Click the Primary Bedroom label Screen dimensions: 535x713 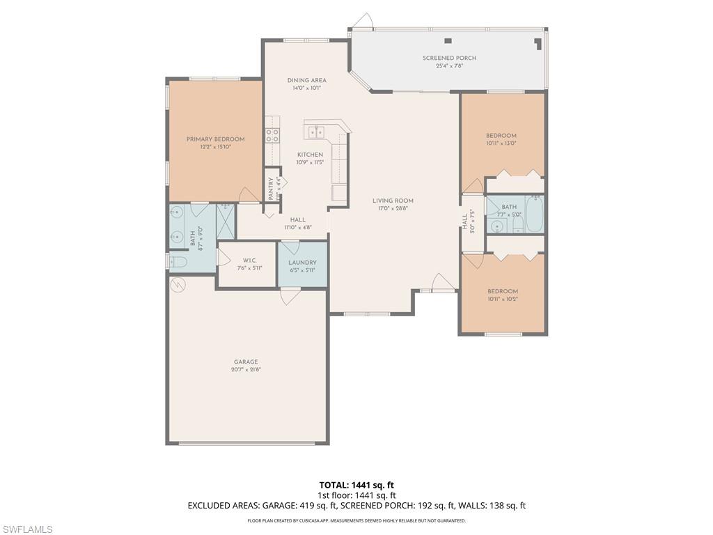click(x=215, y=139)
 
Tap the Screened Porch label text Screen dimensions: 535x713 click(x=449, y=59)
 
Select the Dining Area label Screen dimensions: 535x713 click(x=306, y=81)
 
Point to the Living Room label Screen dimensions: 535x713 click(x=393, y=201)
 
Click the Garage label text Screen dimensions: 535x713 click(x=246, y=362)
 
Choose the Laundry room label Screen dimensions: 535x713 click(x=302, y=263)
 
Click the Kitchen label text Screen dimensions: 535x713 click(x=310, y=155)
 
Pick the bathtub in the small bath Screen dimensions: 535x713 click(x=534, y=215)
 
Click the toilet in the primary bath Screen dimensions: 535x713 click(x=178, y=262)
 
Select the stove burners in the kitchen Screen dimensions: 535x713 click(x=272, y=135)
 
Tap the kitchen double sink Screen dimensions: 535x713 click(x=317, y=132)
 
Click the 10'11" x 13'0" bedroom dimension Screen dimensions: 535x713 click(x=501, y=144)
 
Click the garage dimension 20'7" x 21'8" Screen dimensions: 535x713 click(x=246, y=371)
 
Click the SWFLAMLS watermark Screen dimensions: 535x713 click(x=27, y=529)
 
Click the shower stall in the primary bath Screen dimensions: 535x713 click(x=226, y=221)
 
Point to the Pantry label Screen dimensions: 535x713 click(x=272, y=188)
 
